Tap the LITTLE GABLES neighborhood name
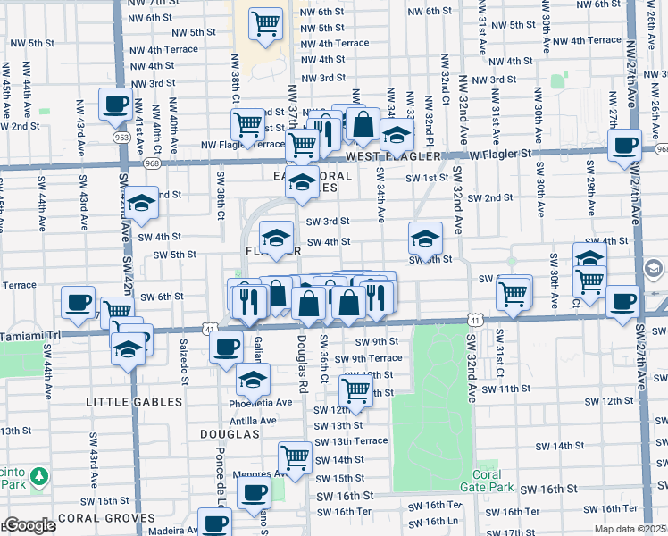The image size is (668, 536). [133, 402]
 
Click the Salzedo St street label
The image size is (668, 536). [187, 367]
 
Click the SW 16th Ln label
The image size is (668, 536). [441, 521]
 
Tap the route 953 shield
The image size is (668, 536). [121, 138]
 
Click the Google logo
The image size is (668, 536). [28, 524]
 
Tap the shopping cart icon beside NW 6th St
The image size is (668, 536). [265, 24]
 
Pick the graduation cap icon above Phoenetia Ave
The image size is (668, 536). [254, 380]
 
